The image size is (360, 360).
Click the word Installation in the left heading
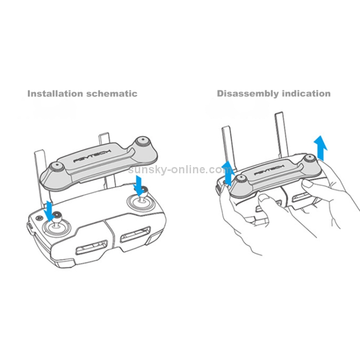coord(56,94)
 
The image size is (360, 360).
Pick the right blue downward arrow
coord(139,185)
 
